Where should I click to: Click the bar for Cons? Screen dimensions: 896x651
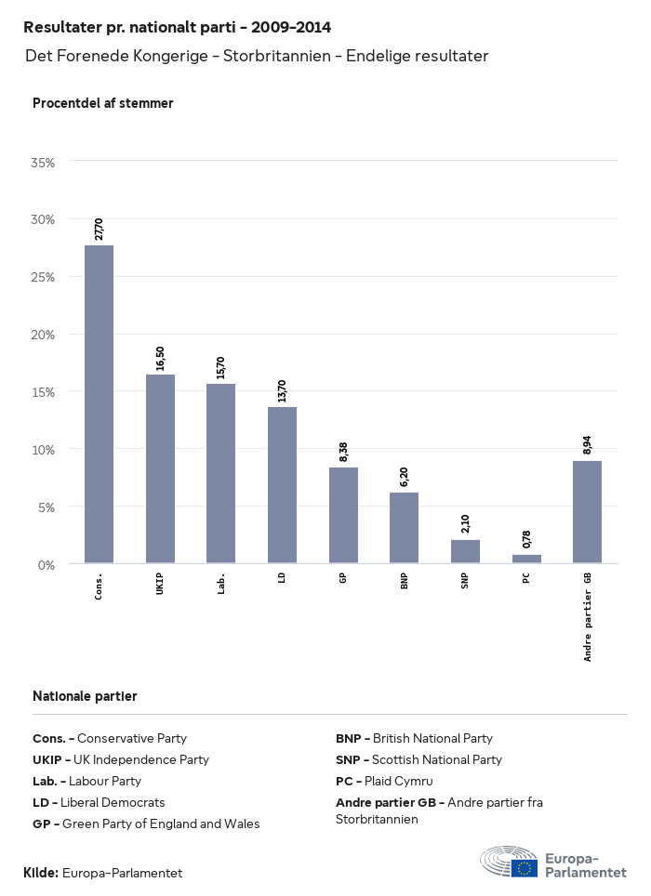[x=99, y=404]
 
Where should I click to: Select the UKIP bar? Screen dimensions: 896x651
[x=160, y=468]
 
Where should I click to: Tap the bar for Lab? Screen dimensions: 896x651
[x=220, y=473]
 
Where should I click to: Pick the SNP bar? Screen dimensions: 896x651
[x=465, y=551]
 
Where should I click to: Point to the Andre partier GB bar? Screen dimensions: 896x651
[x=587, y=512]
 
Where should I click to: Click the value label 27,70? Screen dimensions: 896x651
[x=99, y=229]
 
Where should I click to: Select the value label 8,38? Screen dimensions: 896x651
[x=343, y=452]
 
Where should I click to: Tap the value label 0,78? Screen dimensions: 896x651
[x=526, y=539]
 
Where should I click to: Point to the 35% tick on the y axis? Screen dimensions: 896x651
[x=44, y=162]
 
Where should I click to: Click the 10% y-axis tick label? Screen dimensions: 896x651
[x=44, y=449]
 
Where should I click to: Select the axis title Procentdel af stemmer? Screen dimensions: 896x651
[x=102, y=103]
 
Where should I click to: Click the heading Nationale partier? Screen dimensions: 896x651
[x=85, y=696]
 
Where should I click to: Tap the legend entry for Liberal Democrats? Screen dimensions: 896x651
[x=99, y=802]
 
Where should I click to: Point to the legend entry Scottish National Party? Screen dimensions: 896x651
[x=418, y=759]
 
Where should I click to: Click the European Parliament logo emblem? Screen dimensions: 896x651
[x=508, y=862]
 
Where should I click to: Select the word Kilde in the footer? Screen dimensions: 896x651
[x=40, y=873]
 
